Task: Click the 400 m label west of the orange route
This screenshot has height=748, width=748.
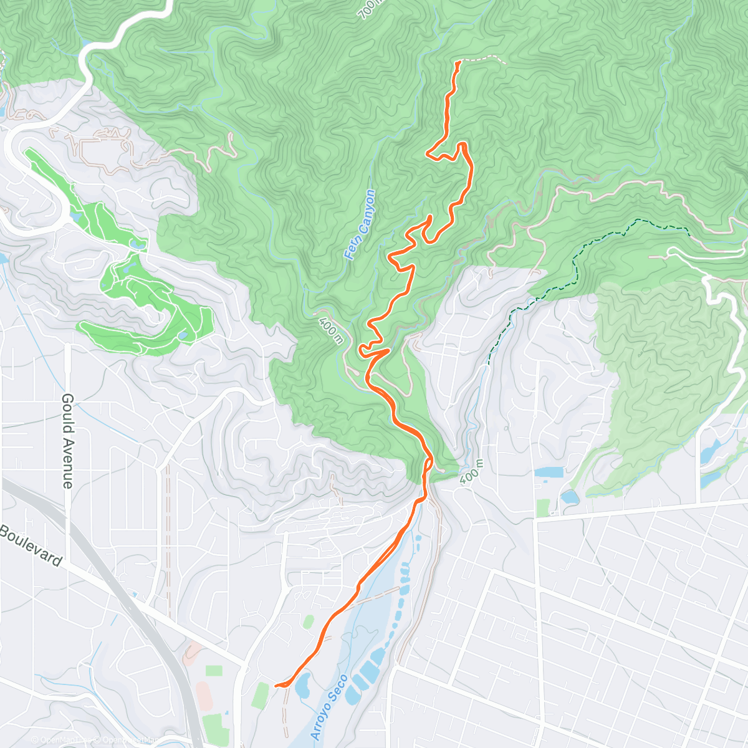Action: tap(330, 331)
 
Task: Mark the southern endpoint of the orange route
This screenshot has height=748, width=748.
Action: tap(276, 686)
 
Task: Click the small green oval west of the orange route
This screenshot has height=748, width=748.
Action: tap(308, 621)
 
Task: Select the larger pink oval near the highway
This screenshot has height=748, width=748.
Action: tap(203, 691)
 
